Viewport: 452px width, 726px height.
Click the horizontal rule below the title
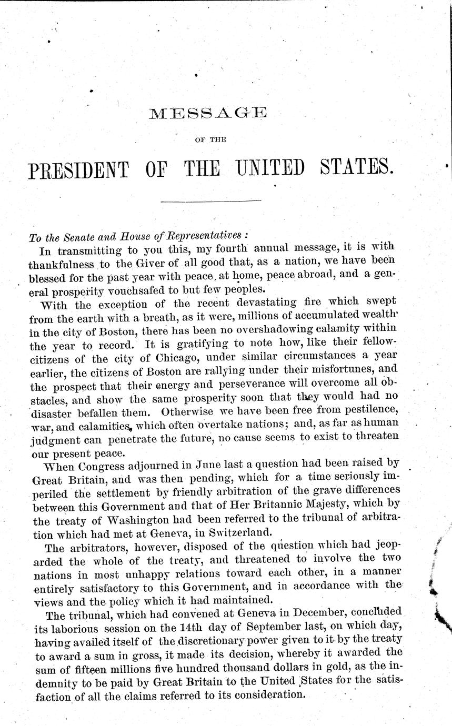210,201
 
